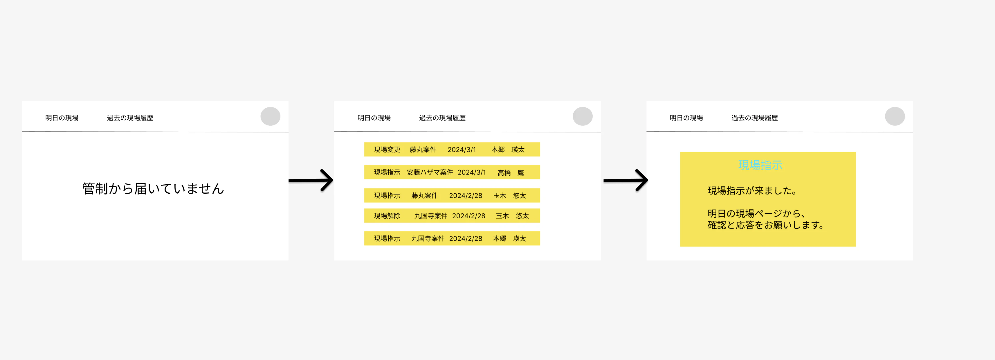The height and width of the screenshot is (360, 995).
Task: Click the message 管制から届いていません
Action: [153, 188]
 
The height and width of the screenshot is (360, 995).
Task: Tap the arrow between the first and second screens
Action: [311, 180]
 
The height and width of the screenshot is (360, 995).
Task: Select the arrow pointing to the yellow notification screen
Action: [626, 180]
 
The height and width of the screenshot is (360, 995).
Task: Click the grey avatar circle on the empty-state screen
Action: [271, 116]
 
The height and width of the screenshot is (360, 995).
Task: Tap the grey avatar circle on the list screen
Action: [583, 116]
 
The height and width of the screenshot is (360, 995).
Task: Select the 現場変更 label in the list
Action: [387, 150]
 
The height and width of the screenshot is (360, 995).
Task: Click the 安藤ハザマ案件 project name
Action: [430, 172]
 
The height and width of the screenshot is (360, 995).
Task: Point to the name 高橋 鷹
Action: [511, 173]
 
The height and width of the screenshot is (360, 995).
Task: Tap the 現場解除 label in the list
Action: [387, 215]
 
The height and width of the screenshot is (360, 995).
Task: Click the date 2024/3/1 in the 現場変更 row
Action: [462, 150]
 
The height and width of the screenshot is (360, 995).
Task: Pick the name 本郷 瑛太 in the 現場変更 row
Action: [508, 150]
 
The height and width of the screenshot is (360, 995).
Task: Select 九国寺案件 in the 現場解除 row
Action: [431, 215]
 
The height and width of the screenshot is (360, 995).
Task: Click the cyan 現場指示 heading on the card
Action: [760, 165]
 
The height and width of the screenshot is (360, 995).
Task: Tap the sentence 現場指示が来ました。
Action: [752, 190]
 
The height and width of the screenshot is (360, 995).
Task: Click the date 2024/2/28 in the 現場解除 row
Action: [468, 215]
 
